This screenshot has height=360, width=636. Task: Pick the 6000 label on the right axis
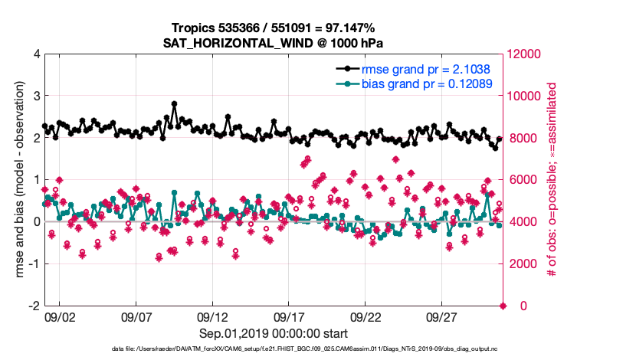(x=521, y=180)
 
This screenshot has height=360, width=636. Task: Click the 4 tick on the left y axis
(x=35, y=54)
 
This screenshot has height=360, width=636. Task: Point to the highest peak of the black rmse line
(x=175, y=103)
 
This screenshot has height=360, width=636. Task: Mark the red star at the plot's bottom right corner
(x=503, y=306)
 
